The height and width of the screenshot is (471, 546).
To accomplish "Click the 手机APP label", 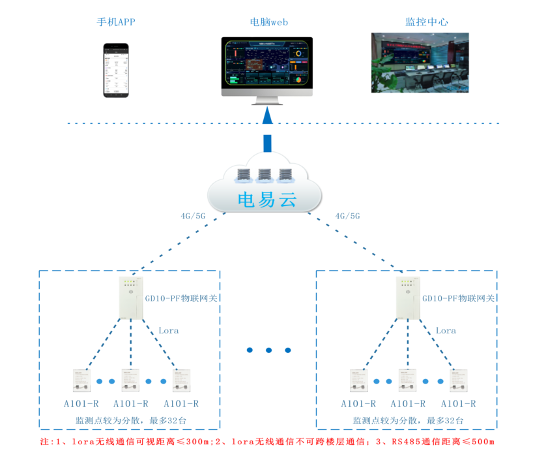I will (116, 22).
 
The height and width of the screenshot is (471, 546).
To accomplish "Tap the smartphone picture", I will (117, 70).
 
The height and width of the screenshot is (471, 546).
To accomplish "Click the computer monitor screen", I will (266, 63).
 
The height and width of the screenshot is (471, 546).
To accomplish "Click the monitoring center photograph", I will (420, 62).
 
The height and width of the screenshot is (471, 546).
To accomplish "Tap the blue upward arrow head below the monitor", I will (267, 116).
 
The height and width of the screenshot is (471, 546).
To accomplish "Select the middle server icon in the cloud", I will (265, 174).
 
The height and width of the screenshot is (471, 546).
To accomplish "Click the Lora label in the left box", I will (169, 331).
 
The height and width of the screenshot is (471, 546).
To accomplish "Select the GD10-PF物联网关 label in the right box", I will (459, 298).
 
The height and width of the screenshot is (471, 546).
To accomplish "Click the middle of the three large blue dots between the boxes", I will (269, 350).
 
